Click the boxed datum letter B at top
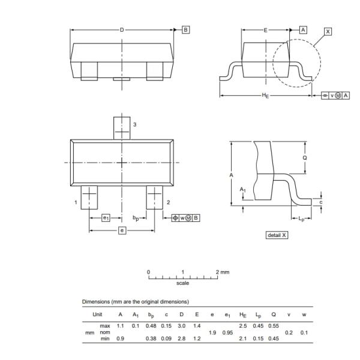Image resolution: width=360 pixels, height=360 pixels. (185, 29)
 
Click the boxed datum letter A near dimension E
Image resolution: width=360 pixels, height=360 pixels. (303, 29)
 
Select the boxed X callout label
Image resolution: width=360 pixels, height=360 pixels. (328, 31)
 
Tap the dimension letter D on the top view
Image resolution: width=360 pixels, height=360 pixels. (122, 29)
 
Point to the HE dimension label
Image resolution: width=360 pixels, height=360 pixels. (265, 95)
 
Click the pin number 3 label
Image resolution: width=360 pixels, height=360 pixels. (134, 124)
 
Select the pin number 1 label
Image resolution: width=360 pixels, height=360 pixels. (76, 203)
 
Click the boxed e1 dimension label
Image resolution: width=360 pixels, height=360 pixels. (106, 218)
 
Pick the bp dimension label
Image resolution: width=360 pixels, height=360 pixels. (136, 218)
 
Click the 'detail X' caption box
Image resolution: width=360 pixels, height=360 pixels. (277, 235)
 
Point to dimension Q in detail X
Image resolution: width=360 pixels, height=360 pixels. (304, 158)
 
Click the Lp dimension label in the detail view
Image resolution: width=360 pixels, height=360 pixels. (301, 220)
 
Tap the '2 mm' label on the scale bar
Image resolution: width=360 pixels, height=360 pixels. (223, 272)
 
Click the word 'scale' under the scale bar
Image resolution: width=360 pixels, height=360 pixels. (182, 283)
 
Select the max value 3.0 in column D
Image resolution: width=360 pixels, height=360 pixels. (182, 325)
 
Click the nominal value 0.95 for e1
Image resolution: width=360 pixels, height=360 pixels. (227, 332)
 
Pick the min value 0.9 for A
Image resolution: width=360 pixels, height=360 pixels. (121, 339)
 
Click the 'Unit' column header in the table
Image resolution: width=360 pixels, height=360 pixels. (97, 314)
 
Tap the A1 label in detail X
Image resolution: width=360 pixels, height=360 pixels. (243, 190)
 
